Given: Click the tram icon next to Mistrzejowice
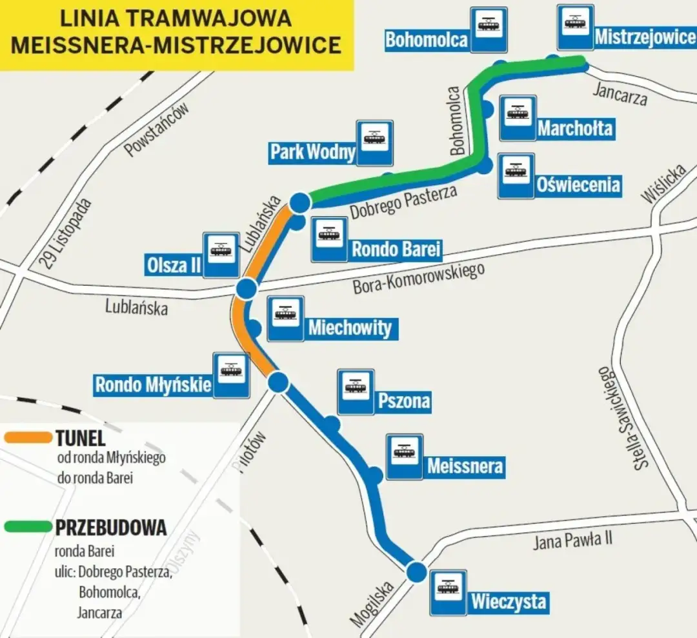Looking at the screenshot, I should [x=575, y=26].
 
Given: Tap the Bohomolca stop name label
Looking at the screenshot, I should [x=427, y=40].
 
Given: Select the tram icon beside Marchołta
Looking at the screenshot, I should [x=518, y=117].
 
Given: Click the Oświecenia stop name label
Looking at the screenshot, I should [x=578, y=186].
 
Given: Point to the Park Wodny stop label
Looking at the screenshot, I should [x=312, y=152].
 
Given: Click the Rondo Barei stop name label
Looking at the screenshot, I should [x=396, y=249].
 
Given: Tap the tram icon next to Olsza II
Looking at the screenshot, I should [x=221, y=254].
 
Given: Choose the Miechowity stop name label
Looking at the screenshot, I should [x=350, y=328].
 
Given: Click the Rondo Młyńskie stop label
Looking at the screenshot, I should [x=154, y=385].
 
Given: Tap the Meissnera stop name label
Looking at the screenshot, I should [x=465, y=465].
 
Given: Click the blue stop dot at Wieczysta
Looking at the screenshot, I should [x=416, y=571].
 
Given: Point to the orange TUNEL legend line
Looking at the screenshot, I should [x=27, y=438].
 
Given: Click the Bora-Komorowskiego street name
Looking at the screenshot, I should [x=418, y=279].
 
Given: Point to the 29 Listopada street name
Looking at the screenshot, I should [x=65, y=233].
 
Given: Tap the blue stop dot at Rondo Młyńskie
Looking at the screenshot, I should [x=278, y=383].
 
